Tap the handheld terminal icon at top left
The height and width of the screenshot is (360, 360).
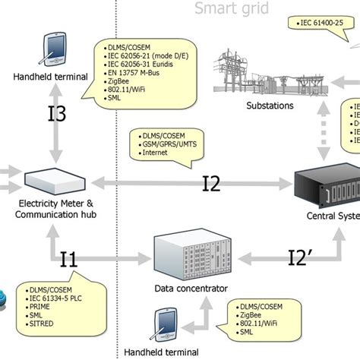tap(55, 49)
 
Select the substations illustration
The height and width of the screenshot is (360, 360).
tap(269, 68)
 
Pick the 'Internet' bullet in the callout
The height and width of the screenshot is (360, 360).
tap(155, 153)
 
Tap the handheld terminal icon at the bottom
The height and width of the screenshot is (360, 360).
tap(166, 326)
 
